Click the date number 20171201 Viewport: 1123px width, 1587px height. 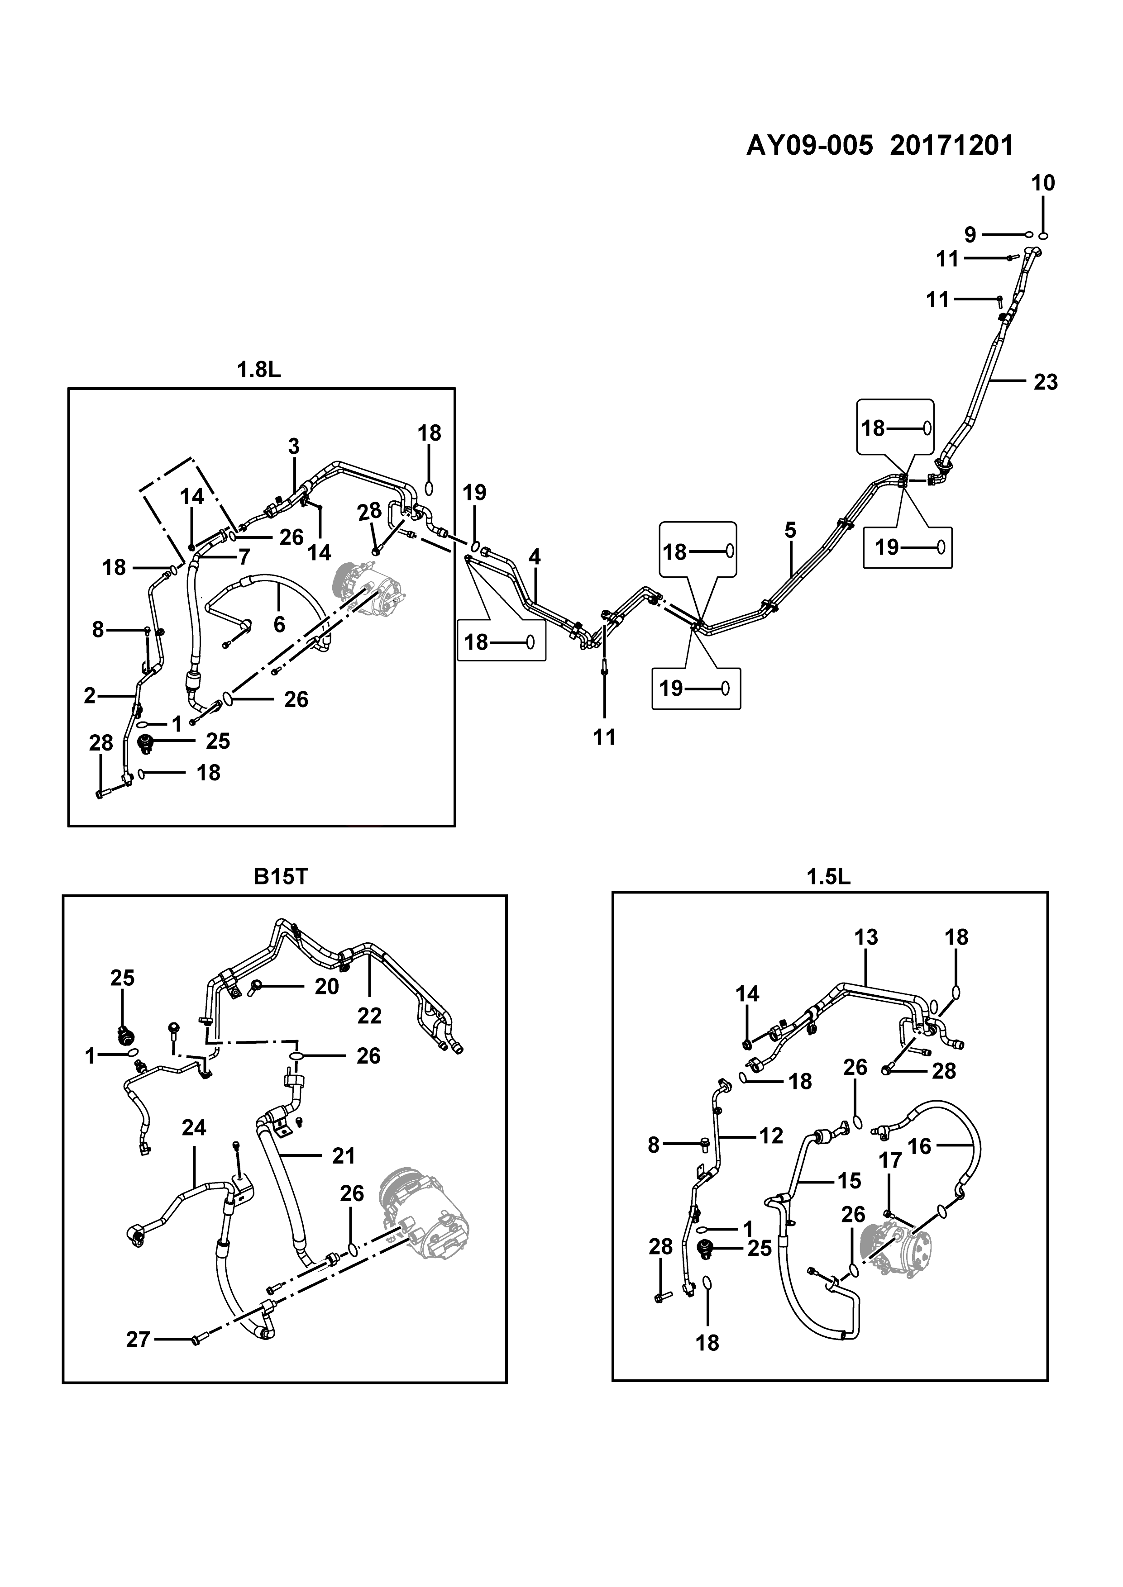951,146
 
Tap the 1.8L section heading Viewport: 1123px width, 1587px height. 259,371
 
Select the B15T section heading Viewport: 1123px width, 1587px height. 281,876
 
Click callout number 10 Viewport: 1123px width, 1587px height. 1043,183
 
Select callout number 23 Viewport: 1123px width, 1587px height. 1046,382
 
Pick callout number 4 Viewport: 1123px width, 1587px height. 535,556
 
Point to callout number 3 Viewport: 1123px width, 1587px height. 294,447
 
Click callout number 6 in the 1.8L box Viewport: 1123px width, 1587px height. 279,624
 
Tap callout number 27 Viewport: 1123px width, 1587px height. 139,1340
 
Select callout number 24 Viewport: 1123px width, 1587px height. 194,1128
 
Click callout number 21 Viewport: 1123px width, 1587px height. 344,1156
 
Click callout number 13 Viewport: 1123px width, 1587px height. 866,937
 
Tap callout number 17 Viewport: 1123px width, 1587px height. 891,1160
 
